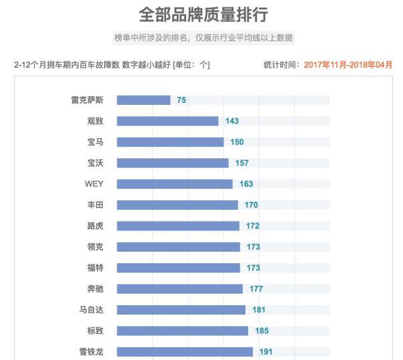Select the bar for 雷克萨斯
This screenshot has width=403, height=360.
tap(143, 100)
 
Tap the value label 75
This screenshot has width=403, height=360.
tap(181, 100)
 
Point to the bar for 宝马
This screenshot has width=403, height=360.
tap(170, 142)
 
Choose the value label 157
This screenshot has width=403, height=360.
tap(242, 163)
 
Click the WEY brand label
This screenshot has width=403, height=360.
tap(93, 184)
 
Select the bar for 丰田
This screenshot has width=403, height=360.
tap(177, 205)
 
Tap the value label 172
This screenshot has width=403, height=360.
tap(252, 226)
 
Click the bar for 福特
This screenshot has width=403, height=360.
tap(178, 268)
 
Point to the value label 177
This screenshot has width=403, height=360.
tap(256, 289)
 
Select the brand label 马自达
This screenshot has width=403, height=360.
tap(91, 310)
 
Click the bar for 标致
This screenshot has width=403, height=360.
tap(182, 331)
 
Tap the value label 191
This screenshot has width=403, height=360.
tap(266, 352)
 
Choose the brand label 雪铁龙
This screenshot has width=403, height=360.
tap(91, 351)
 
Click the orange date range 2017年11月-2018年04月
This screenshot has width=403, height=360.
tap(348, 65)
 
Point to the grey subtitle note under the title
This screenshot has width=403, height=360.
tap(203, 37)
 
